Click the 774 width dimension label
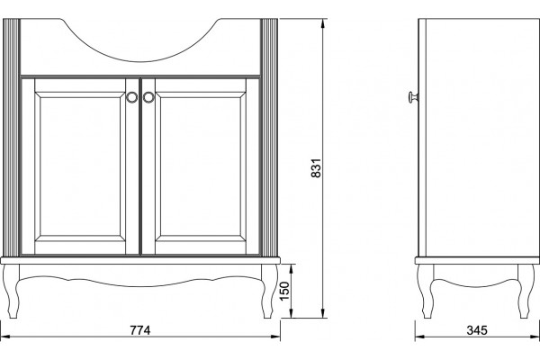pyautogui.click(x=140, y=330)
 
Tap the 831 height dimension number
pyautogui.click(x=316, y=168)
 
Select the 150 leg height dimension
pyautogui.click(x=284, y=291)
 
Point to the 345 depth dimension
pyautogui.click(x=477, y=330)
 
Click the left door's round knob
pyautogui.click(x=131, y=97)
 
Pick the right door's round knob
pyautogui.click(x=148, y=97)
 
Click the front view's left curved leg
pyautogui.click(x=11, y=291)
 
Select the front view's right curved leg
pyautogui.click(x=270, y=291)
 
